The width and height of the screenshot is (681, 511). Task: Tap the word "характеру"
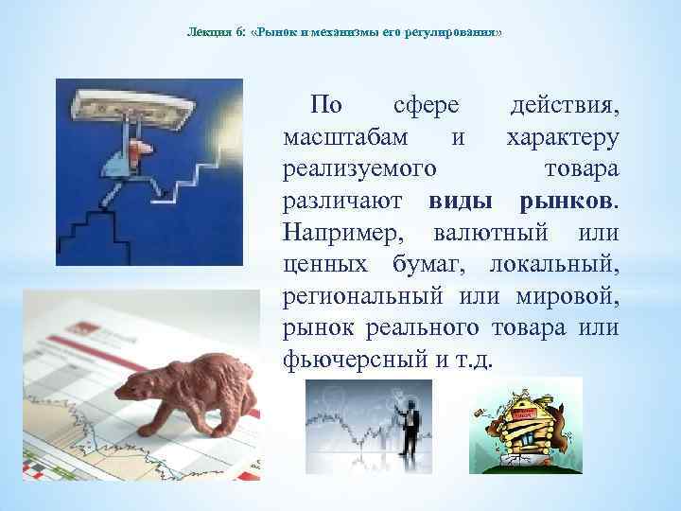point(564,137)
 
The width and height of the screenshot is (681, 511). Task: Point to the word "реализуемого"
point(358,169)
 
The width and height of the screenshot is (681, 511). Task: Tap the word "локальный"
point(567,265)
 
